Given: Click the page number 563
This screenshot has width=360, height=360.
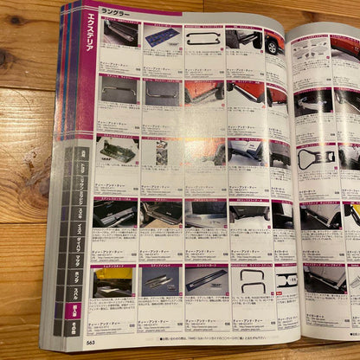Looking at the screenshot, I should (91, 341).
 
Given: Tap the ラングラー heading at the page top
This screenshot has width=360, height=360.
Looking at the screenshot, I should (116, 12).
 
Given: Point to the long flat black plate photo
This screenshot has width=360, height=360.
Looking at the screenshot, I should (206, 279).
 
